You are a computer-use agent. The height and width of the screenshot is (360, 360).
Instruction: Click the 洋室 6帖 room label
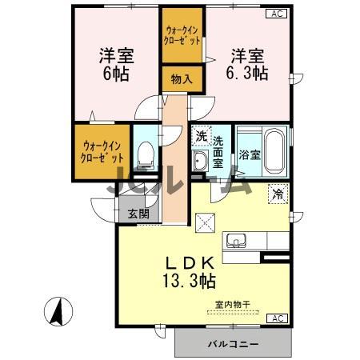coord(115,64)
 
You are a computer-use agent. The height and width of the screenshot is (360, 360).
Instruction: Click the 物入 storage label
coord(182,78)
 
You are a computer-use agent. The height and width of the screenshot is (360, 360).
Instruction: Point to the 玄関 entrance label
coord(138,214)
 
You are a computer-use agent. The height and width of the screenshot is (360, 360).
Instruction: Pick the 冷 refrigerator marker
coord(277,193)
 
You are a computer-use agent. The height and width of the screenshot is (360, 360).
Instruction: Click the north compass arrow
coord(58,311)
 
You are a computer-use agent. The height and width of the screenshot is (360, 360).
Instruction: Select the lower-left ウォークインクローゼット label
coord(102,151)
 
